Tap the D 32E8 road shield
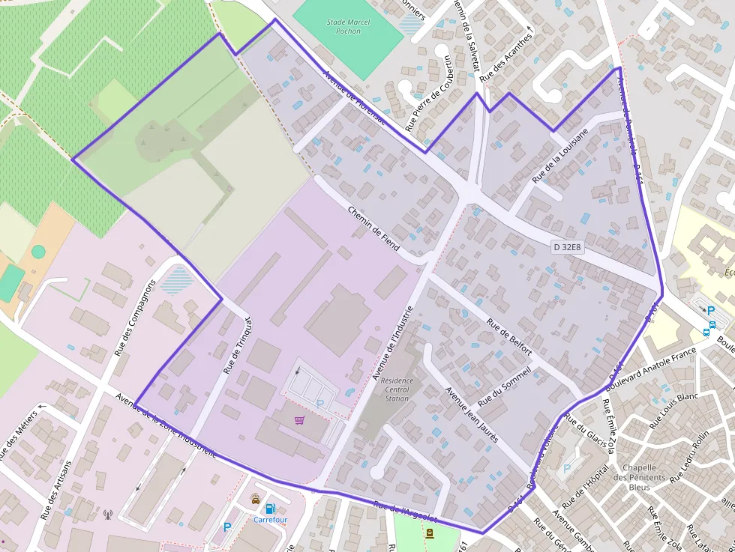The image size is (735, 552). (x=568, y=246)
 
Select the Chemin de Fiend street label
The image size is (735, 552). (x=373, y=228)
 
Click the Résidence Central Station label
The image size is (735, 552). (x=397, y=389)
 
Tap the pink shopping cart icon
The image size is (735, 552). (x=300, y=420)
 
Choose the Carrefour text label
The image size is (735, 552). (x=270, y=520)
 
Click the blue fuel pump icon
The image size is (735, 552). (x=270, y=509)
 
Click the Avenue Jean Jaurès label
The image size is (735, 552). (x=472, y=414)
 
